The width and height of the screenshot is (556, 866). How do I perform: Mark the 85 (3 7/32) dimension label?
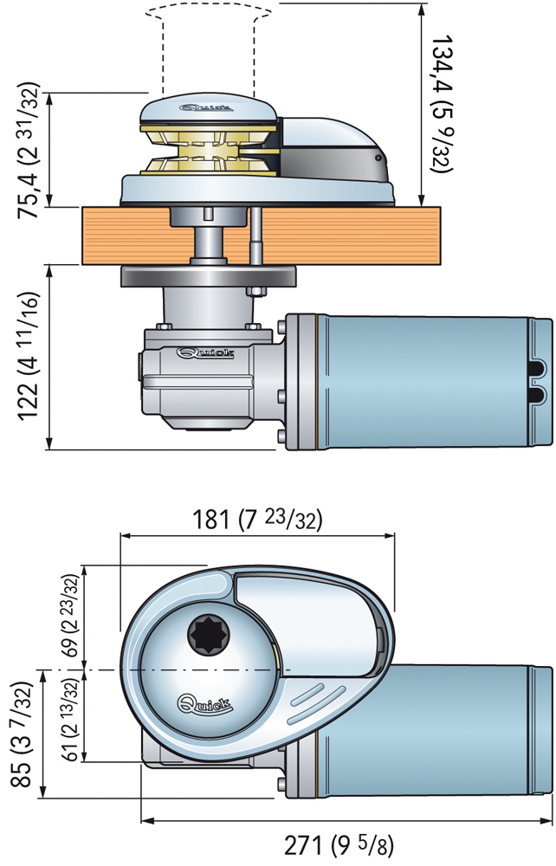coord(20,740)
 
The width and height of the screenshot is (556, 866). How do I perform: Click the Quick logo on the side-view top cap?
coord(202,109)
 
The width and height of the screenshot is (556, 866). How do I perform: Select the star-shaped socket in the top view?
coord(205,635)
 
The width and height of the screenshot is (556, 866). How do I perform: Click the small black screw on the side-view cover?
coord(379,160)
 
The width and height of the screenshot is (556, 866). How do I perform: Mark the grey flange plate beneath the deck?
coord(208,277)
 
